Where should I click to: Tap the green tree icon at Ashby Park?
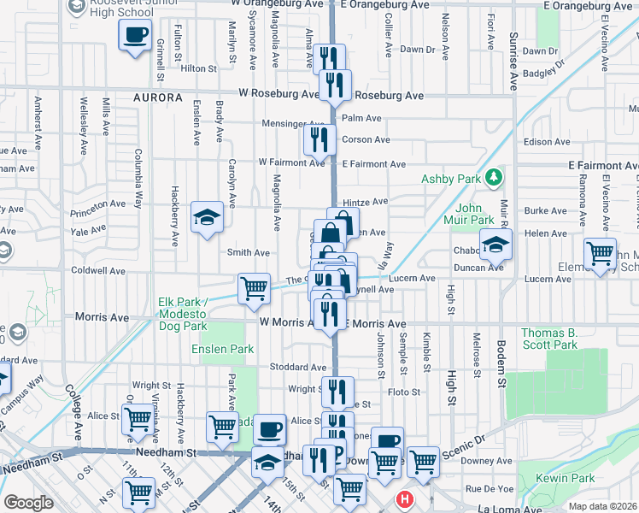[x=492, y=178]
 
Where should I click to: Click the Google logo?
[x=27, y=503]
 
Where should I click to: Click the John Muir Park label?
[x=469, y=214]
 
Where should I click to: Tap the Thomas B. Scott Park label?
[x=549, y=339]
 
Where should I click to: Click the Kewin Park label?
[x=558, y=478]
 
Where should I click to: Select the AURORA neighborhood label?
[x=158, y=98]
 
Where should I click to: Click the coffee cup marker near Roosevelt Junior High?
[x=135, y=37]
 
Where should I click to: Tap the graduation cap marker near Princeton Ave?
[x=207, y=218]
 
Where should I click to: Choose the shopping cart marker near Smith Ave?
[x=254, y=289]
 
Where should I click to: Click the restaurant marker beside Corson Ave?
[x=319, y=139]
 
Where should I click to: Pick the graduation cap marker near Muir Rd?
[x=495, y=245]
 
